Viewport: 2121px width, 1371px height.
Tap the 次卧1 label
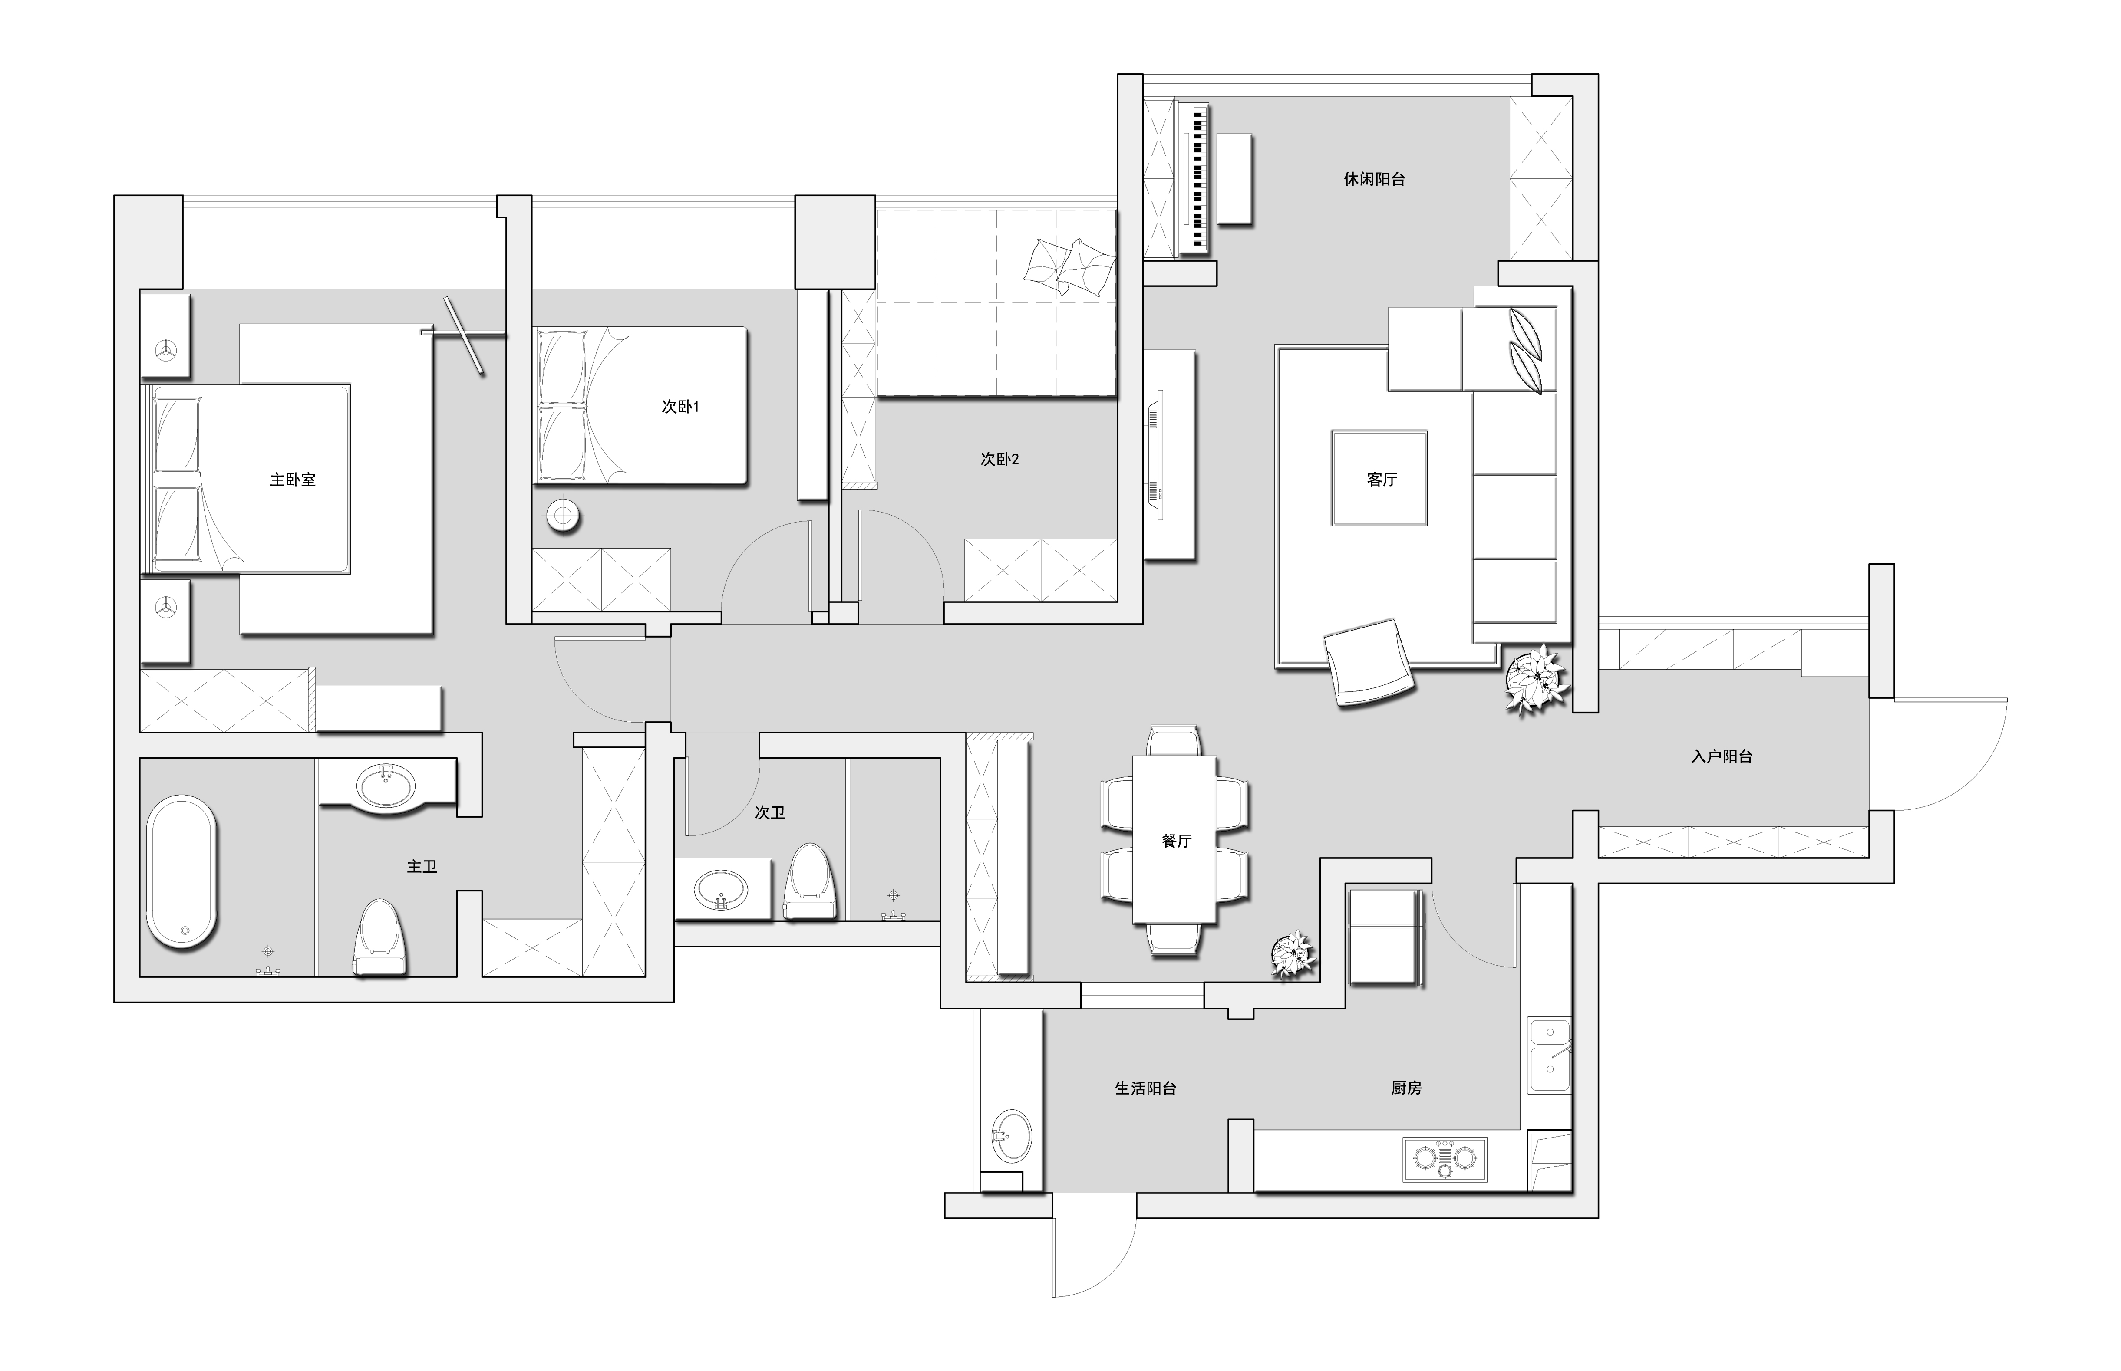pos(680,407)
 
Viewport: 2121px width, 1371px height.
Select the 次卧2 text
pos(999,459)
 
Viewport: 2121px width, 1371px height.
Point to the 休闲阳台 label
pos(1374,179)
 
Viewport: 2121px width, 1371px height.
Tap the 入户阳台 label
pos(1721,757)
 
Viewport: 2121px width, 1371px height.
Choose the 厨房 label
pos(1406,1088)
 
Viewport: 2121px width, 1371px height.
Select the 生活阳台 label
pos(1145,1088)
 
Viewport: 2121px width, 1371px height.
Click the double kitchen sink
pos(1550,1056)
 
